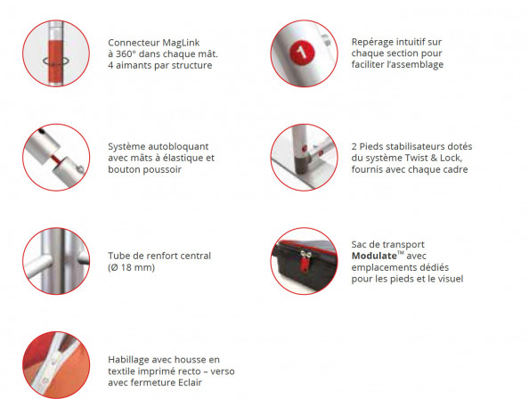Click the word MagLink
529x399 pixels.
(x=181, y=43)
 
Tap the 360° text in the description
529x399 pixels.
(x=126, y=54)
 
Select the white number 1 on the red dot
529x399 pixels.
(x=302, y=53)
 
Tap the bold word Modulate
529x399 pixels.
(x=374, y=256)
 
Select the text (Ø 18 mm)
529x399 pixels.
(x=131, y=267)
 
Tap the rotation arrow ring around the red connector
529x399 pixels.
(x=56, y=61)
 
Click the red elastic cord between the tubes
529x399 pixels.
(x=57, y=159)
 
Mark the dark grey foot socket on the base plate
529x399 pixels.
(x=302, y=164)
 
